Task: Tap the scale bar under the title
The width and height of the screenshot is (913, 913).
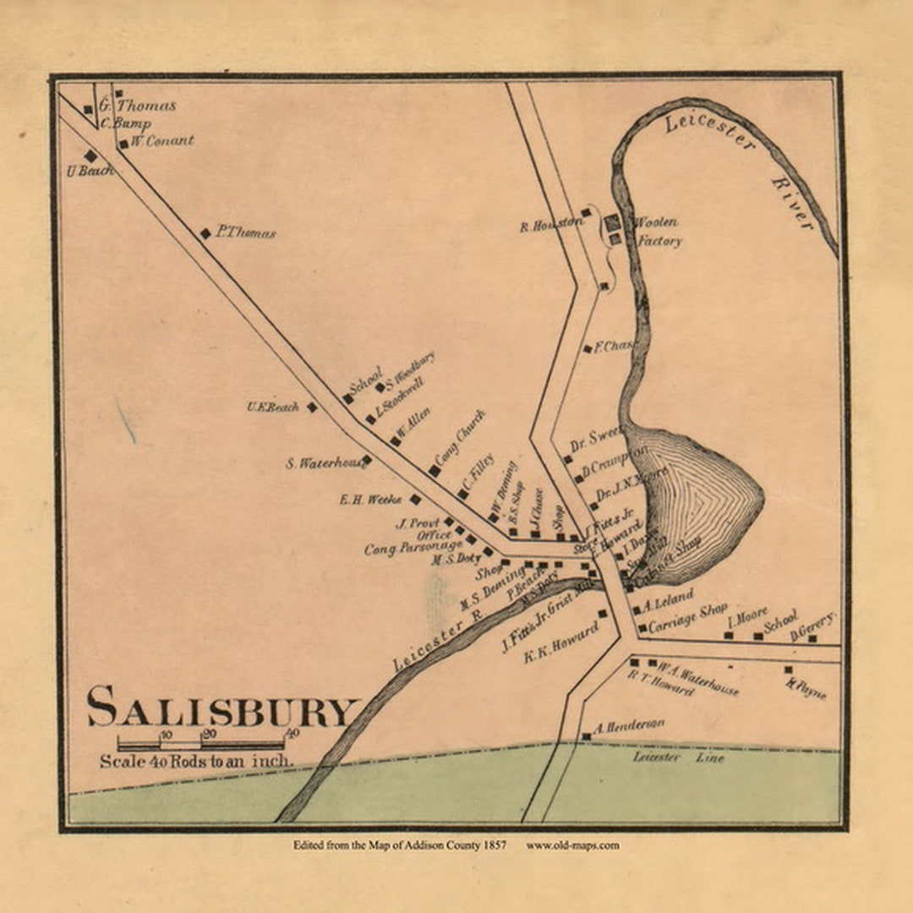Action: pyautogui.click(x=200, y=744)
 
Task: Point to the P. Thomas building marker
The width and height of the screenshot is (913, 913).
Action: pyautogui.click(x=205, y=233)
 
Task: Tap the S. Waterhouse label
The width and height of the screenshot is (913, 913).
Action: pyautogui.click(x=323, y=463)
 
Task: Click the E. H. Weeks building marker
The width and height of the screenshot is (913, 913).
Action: pyautogui.click(x=415, y=500)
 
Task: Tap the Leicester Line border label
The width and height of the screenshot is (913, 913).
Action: pyautogui.click(x=679, y=758)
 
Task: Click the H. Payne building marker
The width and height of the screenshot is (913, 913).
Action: pyautogui.click(x=788, y=670)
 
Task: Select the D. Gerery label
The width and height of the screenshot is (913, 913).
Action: pyautogui.click(x=812, y=626)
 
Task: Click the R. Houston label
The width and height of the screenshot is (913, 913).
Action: pyautogui.click(x=550, y=226)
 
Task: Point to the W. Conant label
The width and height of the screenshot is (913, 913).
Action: pyautogui.click(x=161, y=141)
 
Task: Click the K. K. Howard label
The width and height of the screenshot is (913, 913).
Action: pyautogui.click(x=561, y=642)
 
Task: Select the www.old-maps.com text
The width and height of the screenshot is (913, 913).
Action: pyautogui.click(x=572, y=845)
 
